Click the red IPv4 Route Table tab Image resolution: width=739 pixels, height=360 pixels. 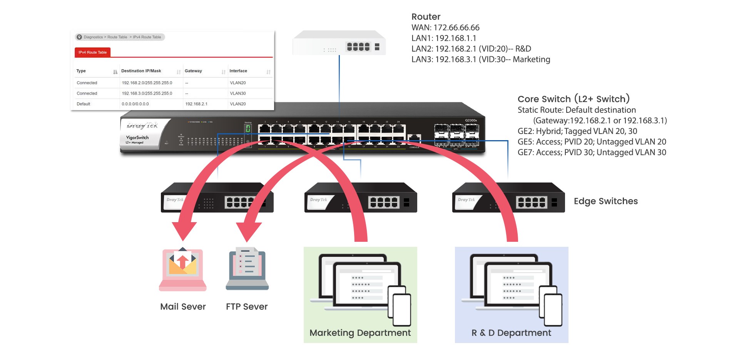[92, 52]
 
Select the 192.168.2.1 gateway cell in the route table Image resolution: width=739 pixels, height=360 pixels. [196, 104]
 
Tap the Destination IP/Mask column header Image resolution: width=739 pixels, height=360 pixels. [141, 71]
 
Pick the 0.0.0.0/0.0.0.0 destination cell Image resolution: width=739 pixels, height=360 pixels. [135, 104]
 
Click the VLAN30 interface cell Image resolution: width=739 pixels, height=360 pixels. [238, 93]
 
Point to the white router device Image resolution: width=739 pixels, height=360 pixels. [339, 43]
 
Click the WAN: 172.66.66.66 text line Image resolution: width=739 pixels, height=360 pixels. [445, 28]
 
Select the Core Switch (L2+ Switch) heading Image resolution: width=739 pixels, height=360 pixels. [573, 99]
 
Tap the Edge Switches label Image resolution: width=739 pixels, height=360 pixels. [605, 201]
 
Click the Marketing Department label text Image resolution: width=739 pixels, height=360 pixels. [360, 333]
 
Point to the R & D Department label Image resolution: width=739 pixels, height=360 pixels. [511, 333]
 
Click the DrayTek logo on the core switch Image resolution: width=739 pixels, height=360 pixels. [142, 125]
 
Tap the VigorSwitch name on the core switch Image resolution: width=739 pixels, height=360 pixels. [137, 137]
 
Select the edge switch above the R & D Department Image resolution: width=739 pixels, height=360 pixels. [508, 198]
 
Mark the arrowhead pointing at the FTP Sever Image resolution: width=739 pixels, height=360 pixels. [248, 231]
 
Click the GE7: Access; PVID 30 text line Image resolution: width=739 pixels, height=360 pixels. [592, 152]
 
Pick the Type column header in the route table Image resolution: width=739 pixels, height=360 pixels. [81, 71]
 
